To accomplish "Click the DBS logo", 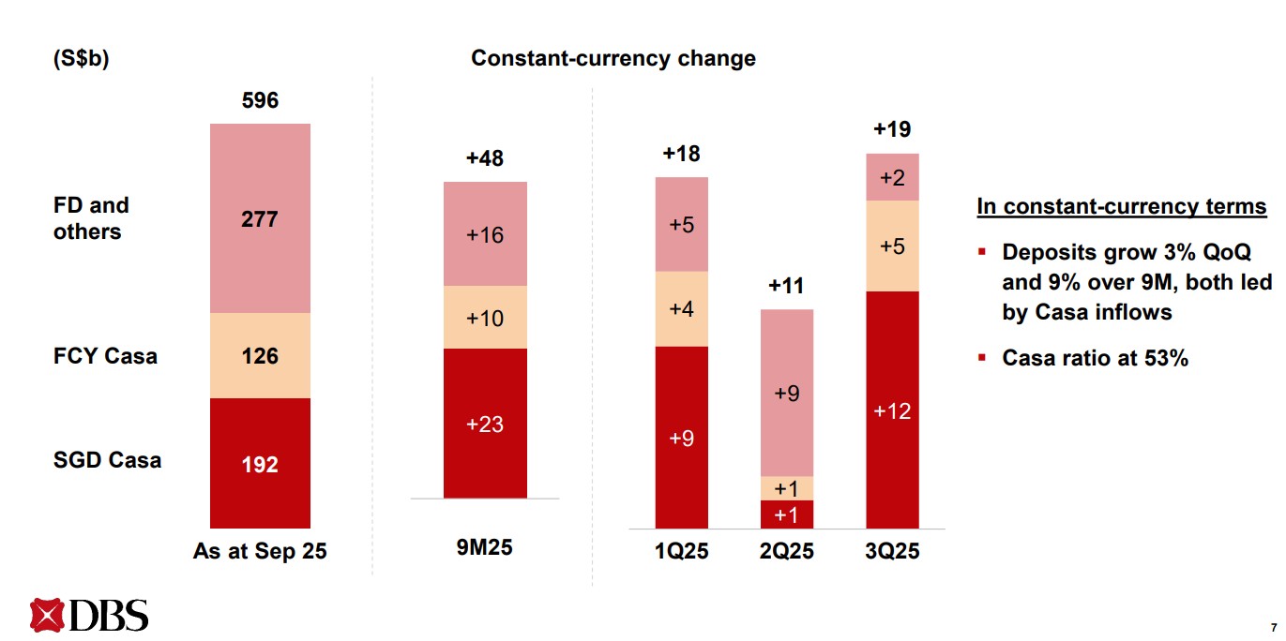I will (x=89, y=615).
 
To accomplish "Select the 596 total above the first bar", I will (x=260, y=100).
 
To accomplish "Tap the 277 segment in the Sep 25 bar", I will (x=260, y=218).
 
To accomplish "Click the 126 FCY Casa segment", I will (x=260, y=356).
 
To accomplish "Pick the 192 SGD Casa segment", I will (x=260, y=464).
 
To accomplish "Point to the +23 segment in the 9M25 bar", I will (x=485, y=425).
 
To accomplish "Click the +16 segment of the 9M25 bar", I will (x=485, y=234).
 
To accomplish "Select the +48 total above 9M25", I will (x=485, y=158).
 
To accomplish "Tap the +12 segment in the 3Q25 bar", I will (x=892, y=410).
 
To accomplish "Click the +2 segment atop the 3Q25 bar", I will (x=892, y=177).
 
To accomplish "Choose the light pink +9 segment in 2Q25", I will (x=786, y=394).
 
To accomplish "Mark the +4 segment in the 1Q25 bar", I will (x=681, y=309).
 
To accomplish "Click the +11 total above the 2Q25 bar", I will (x=786, y=286).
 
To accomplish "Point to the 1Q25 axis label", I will (x=681, y=551).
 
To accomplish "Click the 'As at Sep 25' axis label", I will (x=260, y=551).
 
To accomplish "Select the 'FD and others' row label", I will (x=91, y=218).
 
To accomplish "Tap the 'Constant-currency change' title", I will (x=613, y=58).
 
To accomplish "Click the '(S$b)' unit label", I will (x=81, y=58).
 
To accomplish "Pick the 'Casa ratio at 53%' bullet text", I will (x=1095, y=358).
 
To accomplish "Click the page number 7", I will (x=1273, y=627).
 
